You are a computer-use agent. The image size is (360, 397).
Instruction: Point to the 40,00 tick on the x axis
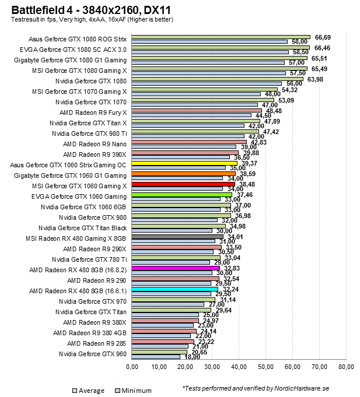point(239,367)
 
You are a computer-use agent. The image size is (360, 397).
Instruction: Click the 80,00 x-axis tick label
point(346,367)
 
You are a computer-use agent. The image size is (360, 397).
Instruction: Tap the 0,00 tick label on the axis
point(132,367)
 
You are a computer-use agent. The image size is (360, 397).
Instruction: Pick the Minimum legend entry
point(135,391)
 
